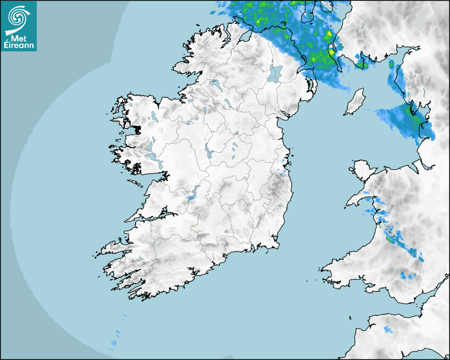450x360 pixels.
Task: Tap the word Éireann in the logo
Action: click(x=19, y=46)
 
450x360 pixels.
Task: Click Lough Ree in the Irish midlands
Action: click(x=209, y=152)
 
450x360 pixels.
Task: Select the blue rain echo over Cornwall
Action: click(x=389, y=330)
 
